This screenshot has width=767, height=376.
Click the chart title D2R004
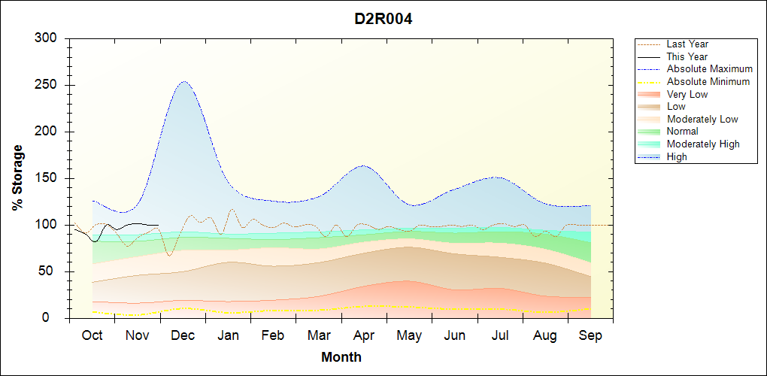coord(383,19)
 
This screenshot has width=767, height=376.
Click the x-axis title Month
coord(341,357)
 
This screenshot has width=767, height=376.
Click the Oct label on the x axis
coord(92,335)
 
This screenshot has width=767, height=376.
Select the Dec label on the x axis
coord(183,335)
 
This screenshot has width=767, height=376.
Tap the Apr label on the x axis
coord(364,335)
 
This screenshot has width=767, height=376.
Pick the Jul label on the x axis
coord(500,335)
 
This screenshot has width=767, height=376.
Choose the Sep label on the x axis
coord(590,335)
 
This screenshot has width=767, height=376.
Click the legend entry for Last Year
coord(687,44)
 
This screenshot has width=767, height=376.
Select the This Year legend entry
coord(687,56)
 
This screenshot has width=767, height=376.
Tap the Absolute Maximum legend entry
coord(709,69)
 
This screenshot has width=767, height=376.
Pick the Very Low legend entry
coord(687,94)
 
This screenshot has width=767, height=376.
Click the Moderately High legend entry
coord(703,144)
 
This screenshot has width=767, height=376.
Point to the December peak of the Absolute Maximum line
coord(183,81)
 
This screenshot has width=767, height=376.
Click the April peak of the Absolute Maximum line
coord(363,165)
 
